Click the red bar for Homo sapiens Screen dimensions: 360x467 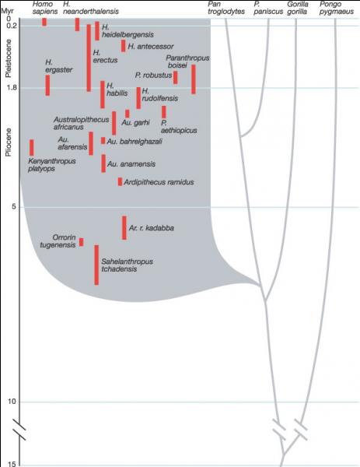(44, 22)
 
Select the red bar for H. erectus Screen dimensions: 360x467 (89, 58)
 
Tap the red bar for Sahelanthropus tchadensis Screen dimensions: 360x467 (96, 265)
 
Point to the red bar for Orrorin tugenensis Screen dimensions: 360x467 (81, 242)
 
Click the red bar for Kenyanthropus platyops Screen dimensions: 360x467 (32, 147)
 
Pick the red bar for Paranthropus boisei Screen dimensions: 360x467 (194, 79)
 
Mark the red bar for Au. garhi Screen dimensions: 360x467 (128, 114)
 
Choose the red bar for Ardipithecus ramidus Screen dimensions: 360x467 (120, 181)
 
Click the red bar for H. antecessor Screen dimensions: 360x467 (123, 46)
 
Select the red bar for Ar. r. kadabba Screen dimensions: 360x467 (124, 228)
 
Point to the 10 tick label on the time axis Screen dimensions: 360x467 (12, 402)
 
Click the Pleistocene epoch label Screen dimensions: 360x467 (9, 58)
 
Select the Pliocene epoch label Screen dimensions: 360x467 (9, 142)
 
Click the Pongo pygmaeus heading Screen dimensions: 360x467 (337, 8)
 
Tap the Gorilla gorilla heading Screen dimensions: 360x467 (298, 8)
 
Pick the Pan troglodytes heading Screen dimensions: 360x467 (226, 8)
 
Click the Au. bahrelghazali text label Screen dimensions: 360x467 (135, 142)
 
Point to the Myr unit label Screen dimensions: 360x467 (8, 12)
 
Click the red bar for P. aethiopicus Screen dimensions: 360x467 (164, 112)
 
